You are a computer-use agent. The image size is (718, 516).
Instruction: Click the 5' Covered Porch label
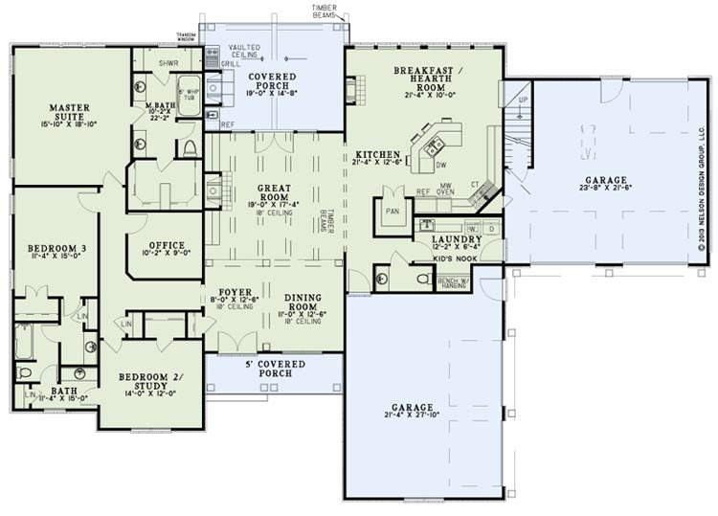(274, 369)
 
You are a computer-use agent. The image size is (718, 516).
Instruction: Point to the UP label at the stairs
(522, 100)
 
